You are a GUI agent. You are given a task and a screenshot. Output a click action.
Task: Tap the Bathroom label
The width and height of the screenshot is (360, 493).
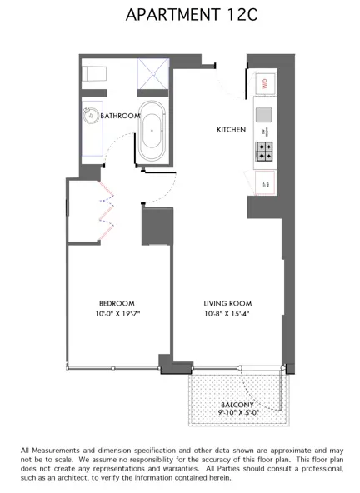click(120, 117)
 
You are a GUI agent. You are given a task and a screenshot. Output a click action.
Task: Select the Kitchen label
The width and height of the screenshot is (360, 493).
click(231, 131)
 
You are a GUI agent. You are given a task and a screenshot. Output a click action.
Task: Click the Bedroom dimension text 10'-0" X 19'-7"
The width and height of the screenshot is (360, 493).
click(117, 314)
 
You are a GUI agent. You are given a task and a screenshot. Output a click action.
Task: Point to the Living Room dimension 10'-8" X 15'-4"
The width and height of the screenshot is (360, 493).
click(227, 314)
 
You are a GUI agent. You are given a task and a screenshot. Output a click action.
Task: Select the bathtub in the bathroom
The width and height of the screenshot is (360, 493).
click(152, 132)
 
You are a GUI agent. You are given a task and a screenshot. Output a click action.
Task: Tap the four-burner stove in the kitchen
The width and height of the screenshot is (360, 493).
click(264, 151)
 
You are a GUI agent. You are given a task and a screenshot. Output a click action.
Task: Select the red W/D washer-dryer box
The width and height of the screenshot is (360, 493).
click(265, 82)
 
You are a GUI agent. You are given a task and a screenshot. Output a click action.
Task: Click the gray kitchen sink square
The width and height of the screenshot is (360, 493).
click(264, 114)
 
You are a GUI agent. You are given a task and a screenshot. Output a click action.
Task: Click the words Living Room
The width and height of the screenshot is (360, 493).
click(227, 303)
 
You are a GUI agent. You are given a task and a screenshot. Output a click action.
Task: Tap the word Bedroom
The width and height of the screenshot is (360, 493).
click(117, 303)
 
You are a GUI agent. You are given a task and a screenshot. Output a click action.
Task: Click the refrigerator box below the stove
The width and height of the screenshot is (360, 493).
click(265, 182)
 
